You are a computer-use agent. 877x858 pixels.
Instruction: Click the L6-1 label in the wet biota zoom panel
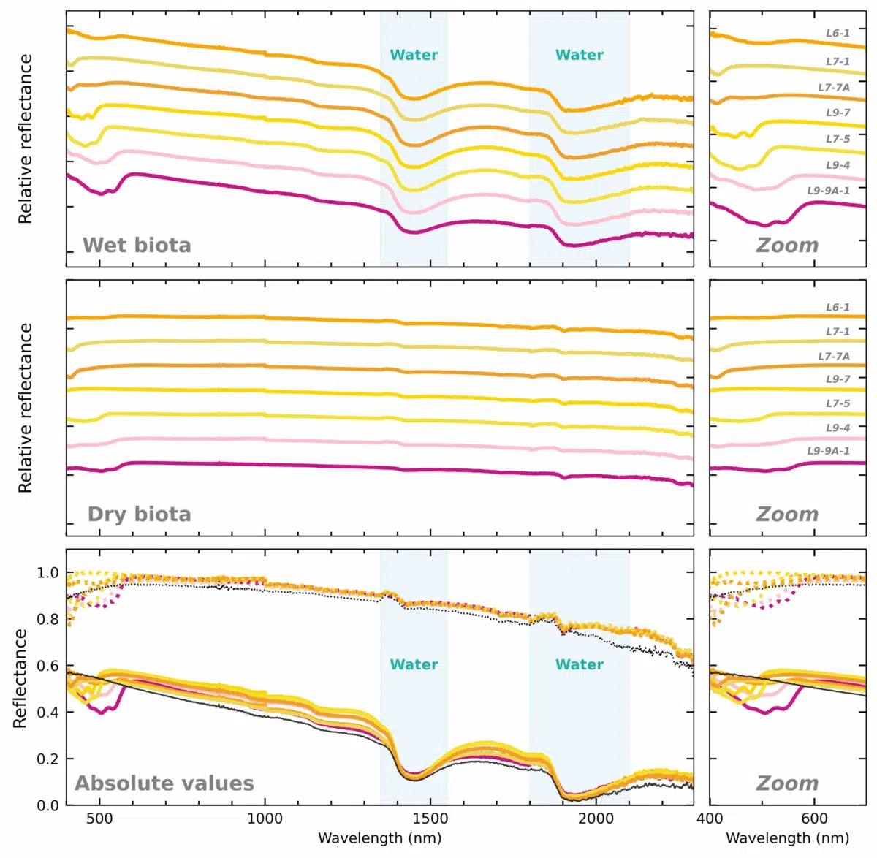point(838,33)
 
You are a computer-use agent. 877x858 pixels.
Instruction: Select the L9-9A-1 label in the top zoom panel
point(828,191)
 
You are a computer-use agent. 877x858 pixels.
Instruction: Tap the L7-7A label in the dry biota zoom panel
point(834,356)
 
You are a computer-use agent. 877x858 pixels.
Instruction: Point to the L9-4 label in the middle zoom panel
point(838,428)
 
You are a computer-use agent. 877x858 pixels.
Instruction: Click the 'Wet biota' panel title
point(137,245)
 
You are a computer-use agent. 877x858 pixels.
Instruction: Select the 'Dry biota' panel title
point(140,515)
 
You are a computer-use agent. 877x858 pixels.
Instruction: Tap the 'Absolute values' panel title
point(164,783)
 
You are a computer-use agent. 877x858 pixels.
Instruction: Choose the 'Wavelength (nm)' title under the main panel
point(379,838)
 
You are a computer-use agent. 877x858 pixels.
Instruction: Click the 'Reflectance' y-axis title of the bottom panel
point(20,679)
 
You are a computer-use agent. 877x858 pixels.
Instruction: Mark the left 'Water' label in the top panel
point(414,55)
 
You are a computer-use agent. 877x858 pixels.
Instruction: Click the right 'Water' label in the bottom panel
point(579,664)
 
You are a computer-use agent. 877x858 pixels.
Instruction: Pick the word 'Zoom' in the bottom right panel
point(787,783)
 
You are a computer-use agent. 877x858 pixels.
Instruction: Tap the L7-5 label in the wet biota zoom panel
point(838,139)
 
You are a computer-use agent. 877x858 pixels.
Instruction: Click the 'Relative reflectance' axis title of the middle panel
point(26,408)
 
